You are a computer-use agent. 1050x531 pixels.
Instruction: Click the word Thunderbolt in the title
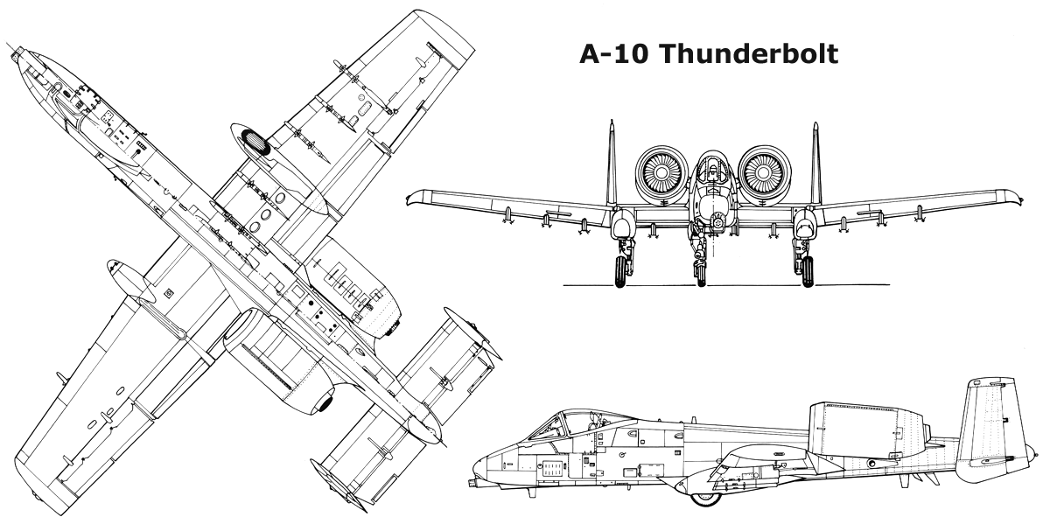coord(750,54)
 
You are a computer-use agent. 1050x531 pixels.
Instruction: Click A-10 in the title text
coord(614,54)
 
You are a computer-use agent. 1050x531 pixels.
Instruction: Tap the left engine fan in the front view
coord(661,173)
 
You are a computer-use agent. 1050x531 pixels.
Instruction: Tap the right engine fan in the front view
coord(765,173)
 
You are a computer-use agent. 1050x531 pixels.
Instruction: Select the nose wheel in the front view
coord(701,275)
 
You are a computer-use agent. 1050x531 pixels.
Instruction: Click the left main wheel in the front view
coord(620,271)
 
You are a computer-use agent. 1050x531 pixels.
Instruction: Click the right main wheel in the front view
coord(808,271)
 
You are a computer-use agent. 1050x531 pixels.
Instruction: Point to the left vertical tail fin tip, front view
coord(612,121)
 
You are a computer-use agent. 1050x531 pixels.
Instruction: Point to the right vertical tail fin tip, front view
coord(816,123)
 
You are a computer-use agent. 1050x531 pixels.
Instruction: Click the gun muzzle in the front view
coord(717,221)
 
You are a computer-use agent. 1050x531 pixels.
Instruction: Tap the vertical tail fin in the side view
coord(989,422)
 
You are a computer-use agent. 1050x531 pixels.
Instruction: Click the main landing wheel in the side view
coord(706,498)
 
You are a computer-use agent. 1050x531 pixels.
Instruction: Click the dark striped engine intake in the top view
coord(254,142)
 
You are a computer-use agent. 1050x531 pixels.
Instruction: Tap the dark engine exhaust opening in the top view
coord(325,403)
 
